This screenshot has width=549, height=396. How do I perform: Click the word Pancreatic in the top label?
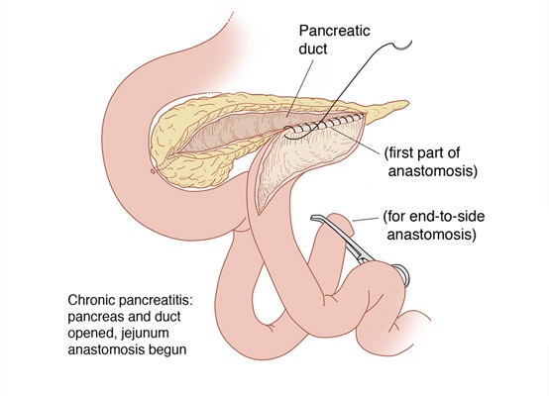(x=334, y=31)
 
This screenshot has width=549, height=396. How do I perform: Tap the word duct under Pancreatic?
(x=313, y=49)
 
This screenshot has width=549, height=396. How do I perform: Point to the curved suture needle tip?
(x=411, y=42)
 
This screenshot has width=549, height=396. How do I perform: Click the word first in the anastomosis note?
(x=403, y=153)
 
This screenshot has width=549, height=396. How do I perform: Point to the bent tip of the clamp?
(x=313, y=218)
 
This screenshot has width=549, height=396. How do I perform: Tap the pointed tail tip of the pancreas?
(x=407, y=103)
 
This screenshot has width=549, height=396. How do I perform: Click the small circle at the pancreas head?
(x=153, y=171)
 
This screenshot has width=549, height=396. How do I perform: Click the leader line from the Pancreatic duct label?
(x=299, y=88)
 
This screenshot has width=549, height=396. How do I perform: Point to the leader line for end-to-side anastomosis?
(x=366, y=220)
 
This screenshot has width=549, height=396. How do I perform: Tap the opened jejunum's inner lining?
(x=301, y=157)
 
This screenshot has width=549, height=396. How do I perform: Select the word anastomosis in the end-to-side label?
(x=431, y=235)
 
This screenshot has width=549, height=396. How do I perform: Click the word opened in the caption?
(x=91, y=333)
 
